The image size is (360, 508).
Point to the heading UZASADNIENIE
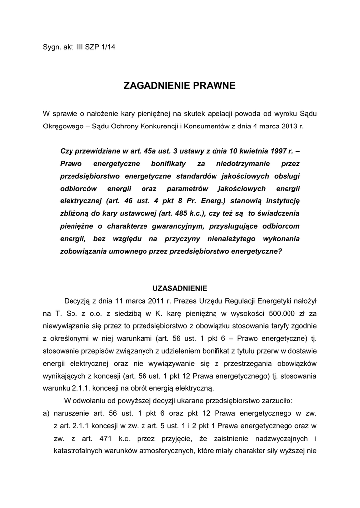click(179, 288)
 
